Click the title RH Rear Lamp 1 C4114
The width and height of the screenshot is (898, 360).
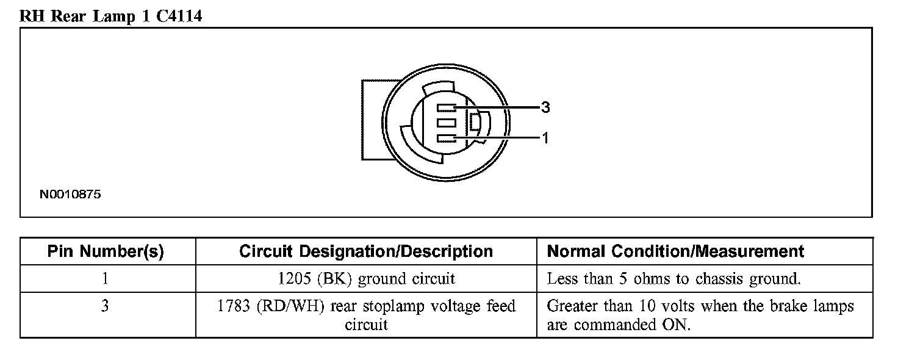110,16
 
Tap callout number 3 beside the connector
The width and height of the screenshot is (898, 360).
545,107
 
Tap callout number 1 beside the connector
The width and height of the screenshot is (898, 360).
545,139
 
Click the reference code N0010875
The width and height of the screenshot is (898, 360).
70,195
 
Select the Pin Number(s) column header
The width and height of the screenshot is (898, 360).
106,251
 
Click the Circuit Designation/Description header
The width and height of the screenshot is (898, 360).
366,251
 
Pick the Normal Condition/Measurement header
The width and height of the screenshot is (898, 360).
675,251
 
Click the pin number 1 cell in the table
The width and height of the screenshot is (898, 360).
106,279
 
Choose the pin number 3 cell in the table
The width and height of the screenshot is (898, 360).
106,305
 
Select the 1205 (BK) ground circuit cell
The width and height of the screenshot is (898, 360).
366,279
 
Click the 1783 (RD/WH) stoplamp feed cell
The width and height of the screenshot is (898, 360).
366,315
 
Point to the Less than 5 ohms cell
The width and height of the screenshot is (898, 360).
673,279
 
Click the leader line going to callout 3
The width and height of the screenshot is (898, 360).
500,108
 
